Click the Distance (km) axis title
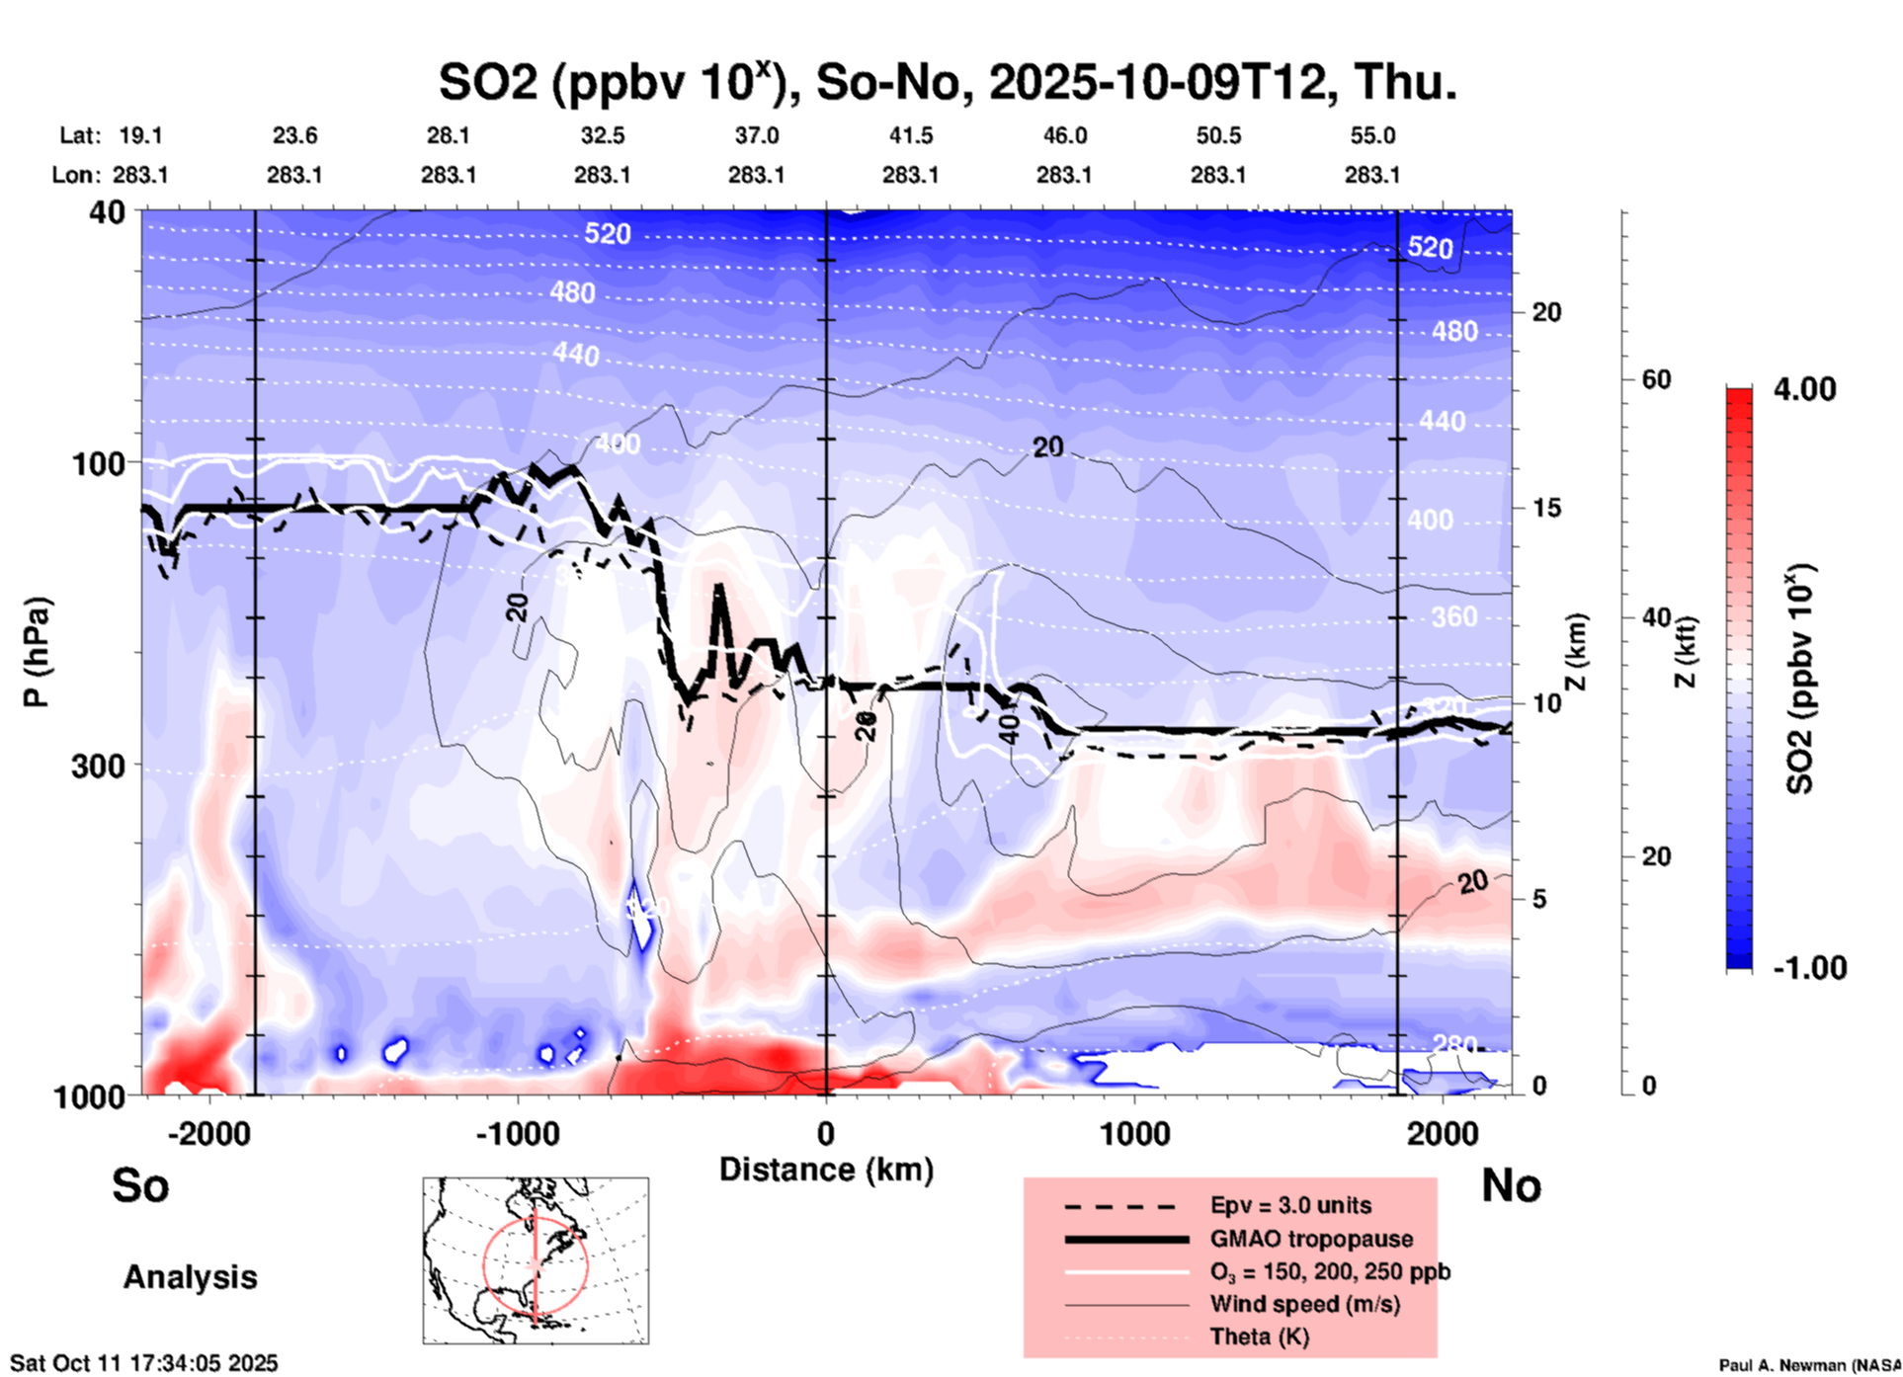point(826,1170)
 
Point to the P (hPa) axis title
point(37,652)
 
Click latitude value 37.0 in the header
point(756,135)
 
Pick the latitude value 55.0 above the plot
point(1372,135)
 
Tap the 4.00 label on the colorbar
point(1804,389)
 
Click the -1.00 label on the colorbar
point(1809,967)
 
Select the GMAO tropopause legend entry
point(1311,1239)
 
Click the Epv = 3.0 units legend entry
point(1290,1205)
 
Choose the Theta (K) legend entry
point(1259,1336)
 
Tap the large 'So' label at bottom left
point(140,1185)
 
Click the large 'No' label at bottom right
point(1511,1185)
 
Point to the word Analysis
point(190,1277)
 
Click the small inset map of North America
point(536,1260)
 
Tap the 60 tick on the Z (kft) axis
point(1656,379)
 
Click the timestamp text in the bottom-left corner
point(144,1363)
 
